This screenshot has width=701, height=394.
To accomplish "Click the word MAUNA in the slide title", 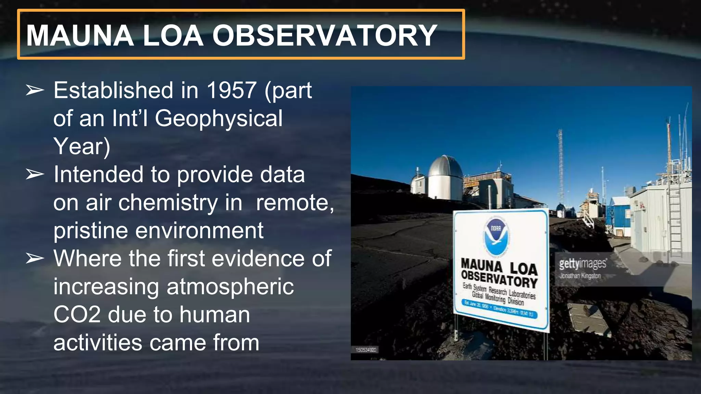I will coord(80,36).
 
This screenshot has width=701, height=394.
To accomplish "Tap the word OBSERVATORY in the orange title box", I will coord(324,36).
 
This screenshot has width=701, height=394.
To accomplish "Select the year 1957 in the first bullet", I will coord(231,90).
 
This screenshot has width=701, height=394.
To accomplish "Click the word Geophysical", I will coord(219,118).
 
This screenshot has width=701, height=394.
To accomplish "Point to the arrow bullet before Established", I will coord(35,90).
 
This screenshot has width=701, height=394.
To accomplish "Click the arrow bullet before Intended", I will coord(35,174).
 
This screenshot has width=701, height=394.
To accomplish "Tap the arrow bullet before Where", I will coord(35,259).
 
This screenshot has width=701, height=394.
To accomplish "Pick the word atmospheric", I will coord(230,287).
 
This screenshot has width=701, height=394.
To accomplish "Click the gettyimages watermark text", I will coord(583,264).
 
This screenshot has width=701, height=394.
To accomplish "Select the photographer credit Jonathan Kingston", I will coord(580,276).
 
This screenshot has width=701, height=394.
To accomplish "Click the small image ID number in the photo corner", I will coord(366,350).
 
